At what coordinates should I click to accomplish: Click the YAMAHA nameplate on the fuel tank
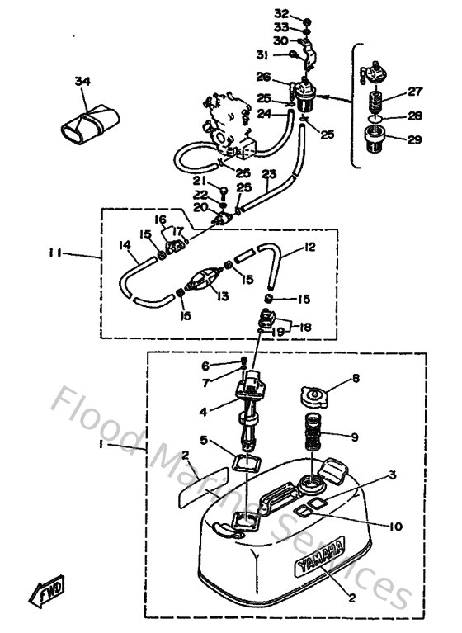(319, 569)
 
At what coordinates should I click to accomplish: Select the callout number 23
(268, 174)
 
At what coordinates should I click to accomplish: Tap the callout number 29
(413, 139)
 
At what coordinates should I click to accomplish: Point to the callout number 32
(281, 14)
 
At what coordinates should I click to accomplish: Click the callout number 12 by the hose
(310, 247)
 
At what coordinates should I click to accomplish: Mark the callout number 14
(124, 244)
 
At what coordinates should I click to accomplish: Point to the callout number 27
(415, 92)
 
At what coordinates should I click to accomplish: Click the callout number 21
(199, 180)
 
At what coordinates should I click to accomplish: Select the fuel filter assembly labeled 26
(306, 98)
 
